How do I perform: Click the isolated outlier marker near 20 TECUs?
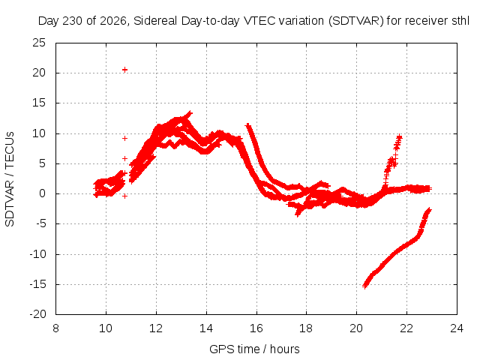(x=124, y=70)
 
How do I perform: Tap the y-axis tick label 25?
(x=39, y=43)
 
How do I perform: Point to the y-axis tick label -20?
(x=37, y=314)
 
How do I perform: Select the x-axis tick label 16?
(x=256, y=328)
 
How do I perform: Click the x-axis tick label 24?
(x=457, y=328)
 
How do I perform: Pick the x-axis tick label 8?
(x=55, y=328)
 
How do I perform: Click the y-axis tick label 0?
(x=42, y=193)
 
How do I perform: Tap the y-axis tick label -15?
(x=37, y=284)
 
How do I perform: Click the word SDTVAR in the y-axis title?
(x=10, y=204)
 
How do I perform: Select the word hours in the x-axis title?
(x=285, y=349)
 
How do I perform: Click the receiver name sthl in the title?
(x=460, y=21)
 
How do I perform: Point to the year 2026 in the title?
(x=113, y=21)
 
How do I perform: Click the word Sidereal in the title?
(x=155, y=21)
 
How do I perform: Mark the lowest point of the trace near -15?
(x=364, y=286)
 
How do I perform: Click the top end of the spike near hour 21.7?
(x=399, y=137)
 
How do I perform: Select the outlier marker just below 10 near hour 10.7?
(x=124, y=138)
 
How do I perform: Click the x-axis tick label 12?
(x=156, y=328)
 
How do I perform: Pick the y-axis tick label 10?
(x=39, y=133)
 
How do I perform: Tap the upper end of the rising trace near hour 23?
(x=429, y=210)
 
